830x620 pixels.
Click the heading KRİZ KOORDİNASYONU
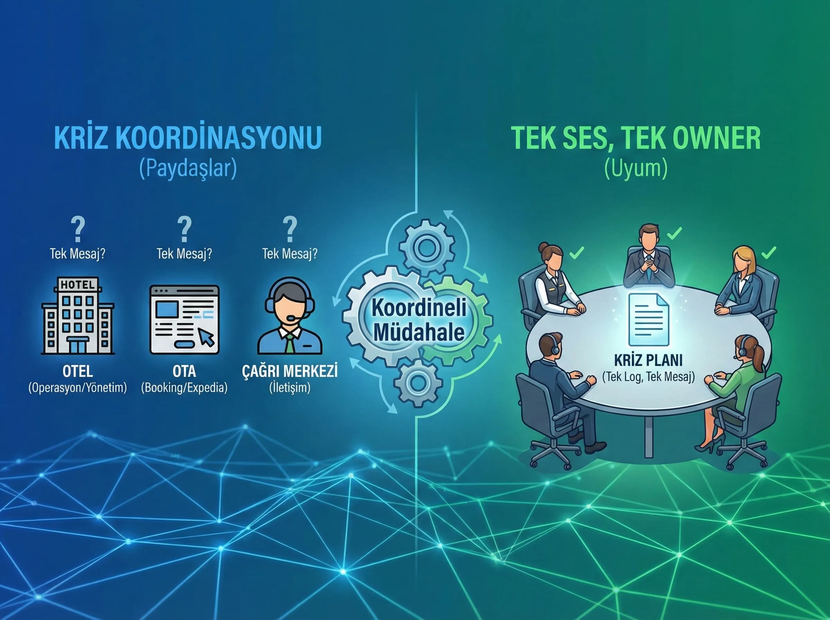[188, 138]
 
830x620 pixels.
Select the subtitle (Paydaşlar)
[188, 168]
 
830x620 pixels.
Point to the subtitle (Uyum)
[636, 168]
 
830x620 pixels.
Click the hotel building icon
[77, 316]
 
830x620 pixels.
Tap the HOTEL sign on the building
[77, 285]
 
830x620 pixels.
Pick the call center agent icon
[289, 316]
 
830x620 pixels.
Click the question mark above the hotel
[77, 229]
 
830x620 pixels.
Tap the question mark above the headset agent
[289, 229]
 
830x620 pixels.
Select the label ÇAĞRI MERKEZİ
[289, 371]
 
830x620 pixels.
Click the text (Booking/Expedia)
[184, 388]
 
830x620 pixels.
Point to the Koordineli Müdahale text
[418, 320]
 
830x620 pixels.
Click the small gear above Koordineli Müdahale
[427, 248]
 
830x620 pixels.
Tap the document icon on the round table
[648, 319]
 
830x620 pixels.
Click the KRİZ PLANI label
[648, 360]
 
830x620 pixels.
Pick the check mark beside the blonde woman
[768, 253]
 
